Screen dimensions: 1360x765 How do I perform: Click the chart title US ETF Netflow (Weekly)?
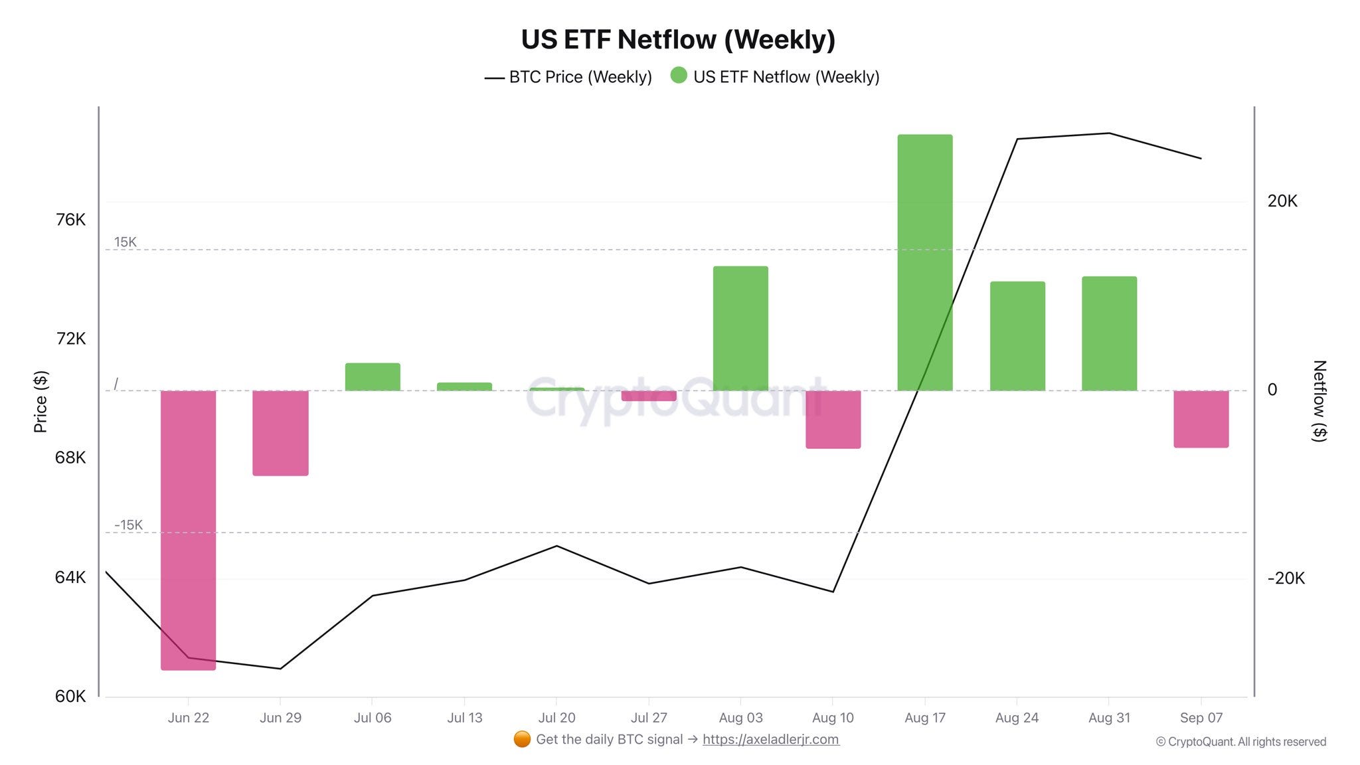(678, 39)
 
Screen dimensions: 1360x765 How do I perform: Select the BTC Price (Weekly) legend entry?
(568, 77)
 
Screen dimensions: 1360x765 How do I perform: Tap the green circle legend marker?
(679, 75)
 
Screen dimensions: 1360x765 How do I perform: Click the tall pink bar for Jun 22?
(189, 530)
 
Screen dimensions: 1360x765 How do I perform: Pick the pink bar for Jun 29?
(280, 433)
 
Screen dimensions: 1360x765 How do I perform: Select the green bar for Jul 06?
(373, 377)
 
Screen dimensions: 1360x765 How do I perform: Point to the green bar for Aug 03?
(740, 328)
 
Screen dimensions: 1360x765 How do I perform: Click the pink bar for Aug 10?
(833, 419)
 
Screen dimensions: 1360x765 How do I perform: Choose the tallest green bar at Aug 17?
(925, 262)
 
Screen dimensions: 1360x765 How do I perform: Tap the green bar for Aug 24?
(1017, 336)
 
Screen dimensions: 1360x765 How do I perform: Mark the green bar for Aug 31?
(1109, 333)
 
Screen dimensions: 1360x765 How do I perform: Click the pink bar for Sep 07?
(1201, 419)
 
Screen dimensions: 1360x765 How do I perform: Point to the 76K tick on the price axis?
(70, 220)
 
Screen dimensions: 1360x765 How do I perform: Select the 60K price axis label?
(70, 696)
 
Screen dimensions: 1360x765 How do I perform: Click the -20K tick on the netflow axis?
(1286, 578)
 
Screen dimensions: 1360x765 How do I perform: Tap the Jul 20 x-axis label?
(556, 718)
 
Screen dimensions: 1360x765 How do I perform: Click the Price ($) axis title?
(41, 402)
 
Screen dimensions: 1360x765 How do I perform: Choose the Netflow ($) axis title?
(1319, 400)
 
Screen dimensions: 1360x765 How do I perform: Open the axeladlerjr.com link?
(771, 739)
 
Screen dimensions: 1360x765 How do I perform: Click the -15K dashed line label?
(128, 525)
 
